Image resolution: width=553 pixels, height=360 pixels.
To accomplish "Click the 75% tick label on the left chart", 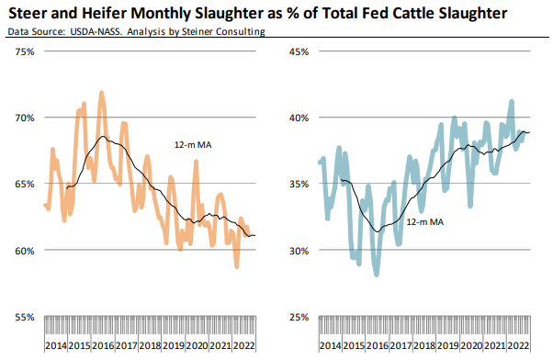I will click(22, 51).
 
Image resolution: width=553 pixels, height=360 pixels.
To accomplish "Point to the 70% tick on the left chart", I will click(22, 118).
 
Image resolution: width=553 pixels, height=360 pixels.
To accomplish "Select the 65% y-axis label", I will click(22, 184).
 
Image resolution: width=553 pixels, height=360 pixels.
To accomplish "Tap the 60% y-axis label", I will click(22, 251).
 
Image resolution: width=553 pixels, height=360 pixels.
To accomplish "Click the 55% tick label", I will click(22, 317).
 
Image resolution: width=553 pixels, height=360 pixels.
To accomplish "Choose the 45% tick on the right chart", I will click(294, 51).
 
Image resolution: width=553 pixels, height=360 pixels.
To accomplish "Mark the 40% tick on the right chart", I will click(294, 118).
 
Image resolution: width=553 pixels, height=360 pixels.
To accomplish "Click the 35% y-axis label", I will click(294, 184).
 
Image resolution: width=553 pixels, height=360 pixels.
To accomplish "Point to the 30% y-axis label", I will click(294, 251).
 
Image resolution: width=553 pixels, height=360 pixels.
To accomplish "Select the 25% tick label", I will click(294, 317).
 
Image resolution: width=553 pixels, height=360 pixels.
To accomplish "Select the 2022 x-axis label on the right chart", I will click(517, 345).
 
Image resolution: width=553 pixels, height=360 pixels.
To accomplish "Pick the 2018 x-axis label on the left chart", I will click(150, 345).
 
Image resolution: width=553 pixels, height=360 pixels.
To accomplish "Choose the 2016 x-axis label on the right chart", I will click(376, 345).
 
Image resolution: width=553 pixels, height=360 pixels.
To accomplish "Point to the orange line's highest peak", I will click(102, 93).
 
